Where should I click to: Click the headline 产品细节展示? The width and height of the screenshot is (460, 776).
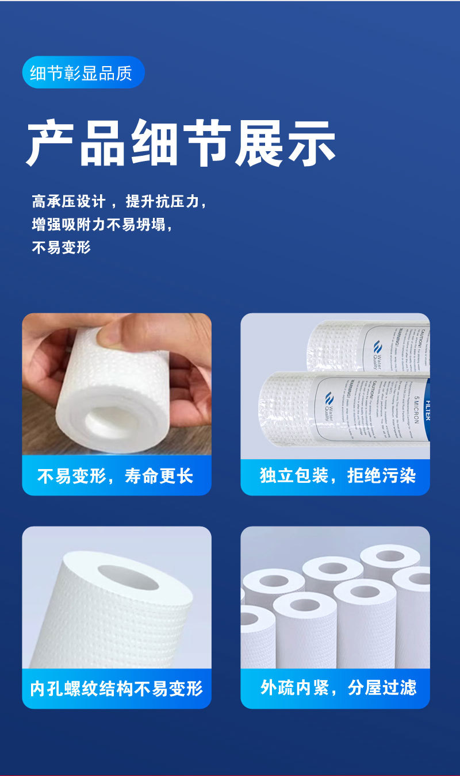(x=181, y=144)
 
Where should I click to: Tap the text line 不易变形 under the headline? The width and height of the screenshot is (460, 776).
(x=62, y=248)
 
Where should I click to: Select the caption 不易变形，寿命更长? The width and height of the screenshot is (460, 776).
(x=116, y=476)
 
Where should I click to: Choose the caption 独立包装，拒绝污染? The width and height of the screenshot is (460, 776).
(x=338, y=476)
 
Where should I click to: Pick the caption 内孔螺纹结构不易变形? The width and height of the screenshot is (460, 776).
(x=117, y=688)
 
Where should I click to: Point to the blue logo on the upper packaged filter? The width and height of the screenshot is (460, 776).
(x=377, y=347)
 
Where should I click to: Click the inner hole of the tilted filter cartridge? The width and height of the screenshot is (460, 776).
(x=128, y=578)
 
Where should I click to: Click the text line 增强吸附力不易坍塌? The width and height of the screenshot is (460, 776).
(x=102, y=225)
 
